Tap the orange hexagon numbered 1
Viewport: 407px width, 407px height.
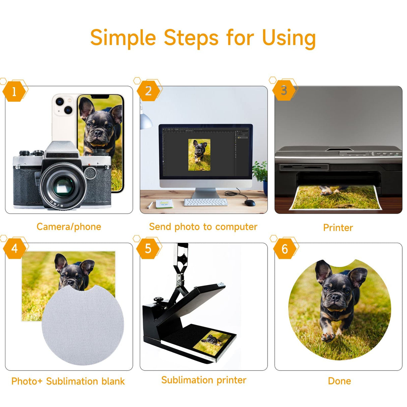coord(14,92)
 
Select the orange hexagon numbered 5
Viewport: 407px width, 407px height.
coord(148,248)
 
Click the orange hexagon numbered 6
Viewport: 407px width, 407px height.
coord(285,249)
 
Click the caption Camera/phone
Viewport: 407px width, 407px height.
coord(69,227)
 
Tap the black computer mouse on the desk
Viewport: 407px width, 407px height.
coord(250,203)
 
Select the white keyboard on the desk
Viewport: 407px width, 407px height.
coord(206,202)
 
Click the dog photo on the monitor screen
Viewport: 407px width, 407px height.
coord(199,155)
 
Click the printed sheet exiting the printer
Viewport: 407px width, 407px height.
coord(335,197)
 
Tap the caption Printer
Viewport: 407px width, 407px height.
coord(338,228)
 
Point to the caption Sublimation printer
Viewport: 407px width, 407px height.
coord(204,380)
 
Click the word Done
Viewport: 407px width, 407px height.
coord(339,381)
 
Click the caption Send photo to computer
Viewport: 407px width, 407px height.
coord(203,227)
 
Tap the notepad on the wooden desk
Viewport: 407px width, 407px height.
coord(165,203)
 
